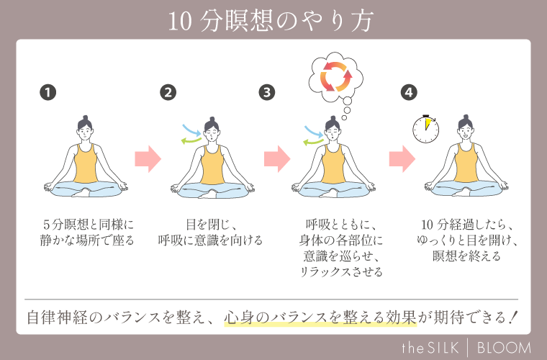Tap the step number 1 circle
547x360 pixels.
pos(48,92)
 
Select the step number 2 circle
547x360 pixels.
pos(168,92)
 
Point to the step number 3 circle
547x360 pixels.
pos(267,92)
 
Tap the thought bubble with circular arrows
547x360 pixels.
pos(335,76)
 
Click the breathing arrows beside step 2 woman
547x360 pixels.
pos(191,135)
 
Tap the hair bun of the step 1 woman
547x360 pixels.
pos(85,117)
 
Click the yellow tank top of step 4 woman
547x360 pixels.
pos(464,168)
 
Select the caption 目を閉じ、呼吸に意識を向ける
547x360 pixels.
pos(210,232)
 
